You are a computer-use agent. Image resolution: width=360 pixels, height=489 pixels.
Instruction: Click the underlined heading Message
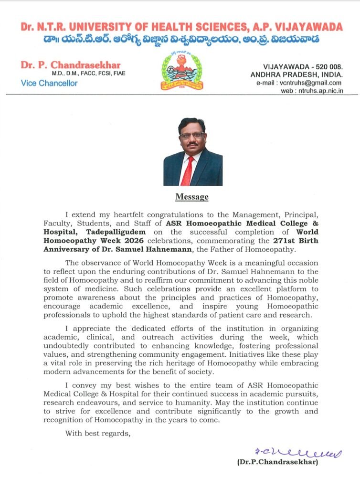pyautogui.click(x=192, y=197)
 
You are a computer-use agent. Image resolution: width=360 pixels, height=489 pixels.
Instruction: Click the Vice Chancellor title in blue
pyautogui.click(x=49, y=83)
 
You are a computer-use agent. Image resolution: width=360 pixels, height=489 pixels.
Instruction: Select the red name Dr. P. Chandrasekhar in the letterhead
pyautogui.click(x=71, y=65)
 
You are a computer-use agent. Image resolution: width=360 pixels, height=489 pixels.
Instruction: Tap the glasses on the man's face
pyautogui.click(x=192, y=136)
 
